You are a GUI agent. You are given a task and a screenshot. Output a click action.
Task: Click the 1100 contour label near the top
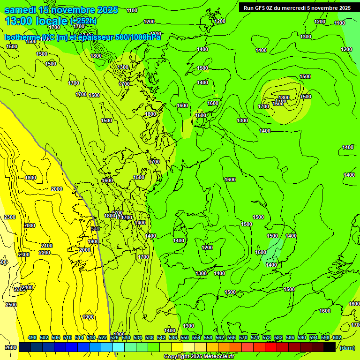132,10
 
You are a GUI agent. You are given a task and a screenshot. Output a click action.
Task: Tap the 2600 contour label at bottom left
11,347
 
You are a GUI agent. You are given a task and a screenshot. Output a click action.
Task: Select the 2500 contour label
11,305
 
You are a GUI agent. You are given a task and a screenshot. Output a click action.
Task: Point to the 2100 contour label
46,246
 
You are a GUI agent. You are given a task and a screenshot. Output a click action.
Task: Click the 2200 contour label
45,253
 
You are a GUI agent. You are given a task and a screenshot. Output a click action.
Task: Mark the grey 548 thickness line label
95,229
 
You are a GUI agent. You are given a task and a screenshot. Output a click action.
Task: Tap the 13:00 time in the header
19,21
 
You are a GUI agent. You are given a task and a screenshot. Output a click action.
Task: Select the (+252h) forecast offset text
83,21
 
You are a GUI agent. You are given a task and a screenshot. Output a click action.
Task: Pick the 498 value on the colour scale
32,338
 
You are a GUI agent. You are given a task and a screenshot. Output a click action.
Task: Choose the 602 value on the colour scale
337,338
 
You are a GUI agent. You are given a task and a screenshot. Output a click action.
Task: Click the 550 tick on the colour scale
184,338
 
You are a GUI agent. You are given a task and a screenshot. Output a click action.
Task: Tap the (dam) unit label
347,347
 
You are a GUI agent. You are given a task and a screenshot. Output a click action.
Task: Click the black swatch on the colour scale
330,347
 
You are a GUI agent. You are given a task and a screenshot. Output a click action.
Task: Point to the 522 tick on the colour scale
103,338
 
